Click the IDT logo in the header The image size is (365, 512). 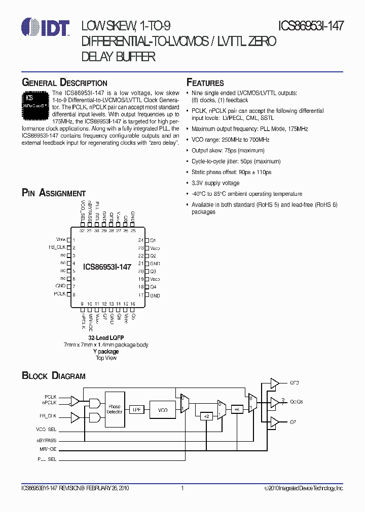[46, 27]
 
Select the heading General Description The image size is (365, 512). [64, 82]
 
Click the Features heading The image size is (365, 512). [205, 82]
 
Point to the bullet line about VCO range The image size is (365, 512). [231, 140]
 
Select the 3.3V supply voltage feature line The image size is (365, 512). [215, 183]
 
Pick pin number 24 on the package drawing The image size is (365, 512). [140, 240]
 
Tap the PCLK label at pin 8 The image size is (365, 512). [60, 294]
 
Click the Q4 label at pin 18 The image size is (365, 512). [153, 287]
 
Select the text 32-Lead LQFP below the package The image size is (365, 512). [106, 337]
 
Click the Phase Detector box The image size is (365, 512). [115, 409]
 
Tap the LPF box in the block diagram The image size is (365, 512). [136, 410]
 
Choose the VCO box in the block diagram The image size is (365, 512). [163, 410]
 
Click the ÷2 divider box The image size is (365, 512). [206, 416]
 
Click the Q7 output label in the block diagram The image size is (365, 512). [293, 421]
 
